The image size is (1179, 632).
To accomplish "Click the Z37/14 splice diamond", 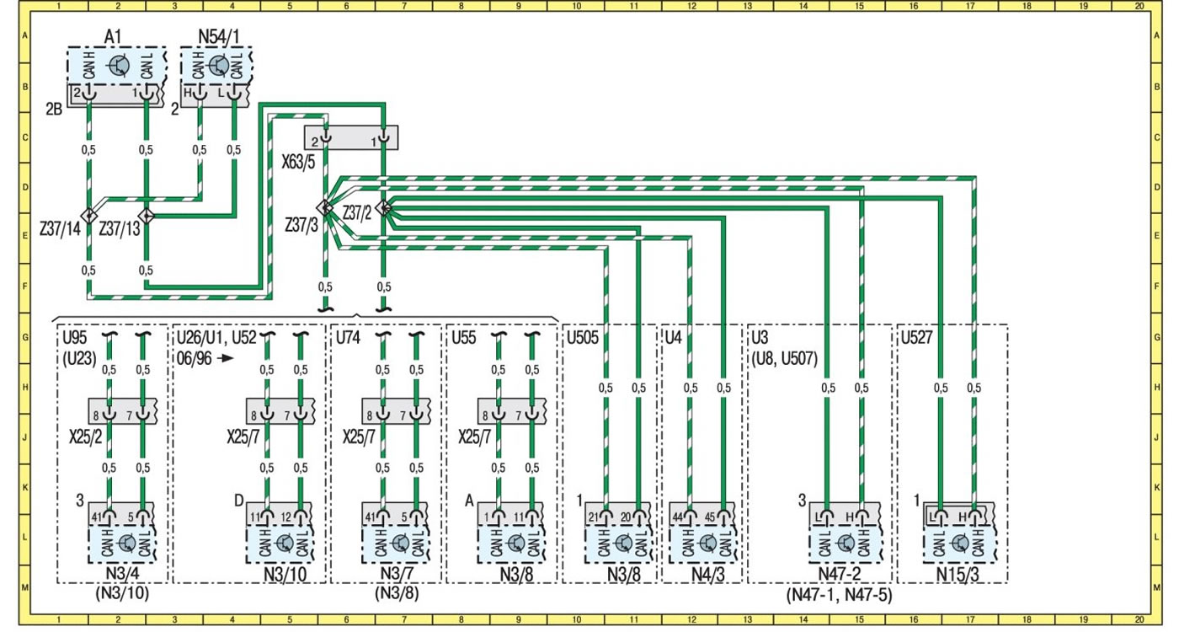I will [x=88, y=216].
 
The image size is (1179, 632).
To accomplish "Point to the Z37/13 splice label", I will [x=119, y=229].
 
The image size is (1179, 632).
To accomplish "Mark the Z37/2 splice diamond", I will [x=384, y=207].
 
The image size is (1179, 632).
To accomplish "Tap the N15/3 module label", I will [x=958, y=575].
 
